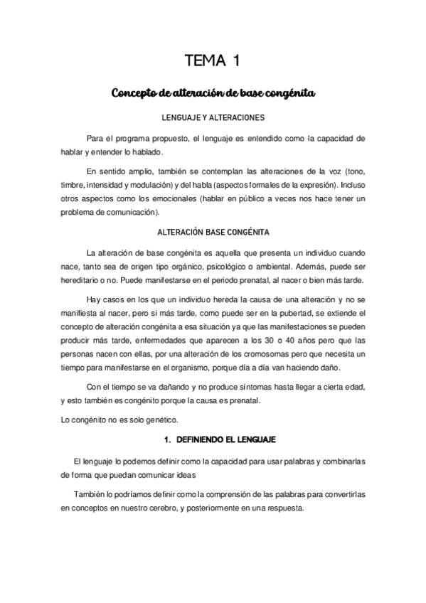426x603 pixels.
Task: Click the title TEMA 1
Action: (213, 60)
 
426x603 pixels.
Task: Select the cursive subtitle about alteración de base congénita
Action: (213, 93)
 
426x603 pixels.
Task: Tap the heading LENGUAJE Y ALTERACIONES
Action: (213, 116)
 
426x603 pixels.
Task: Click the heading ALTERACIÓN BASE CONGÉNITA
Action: (213, 233)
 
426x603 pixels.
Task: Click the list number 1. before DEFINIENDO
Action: (169, 441)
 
